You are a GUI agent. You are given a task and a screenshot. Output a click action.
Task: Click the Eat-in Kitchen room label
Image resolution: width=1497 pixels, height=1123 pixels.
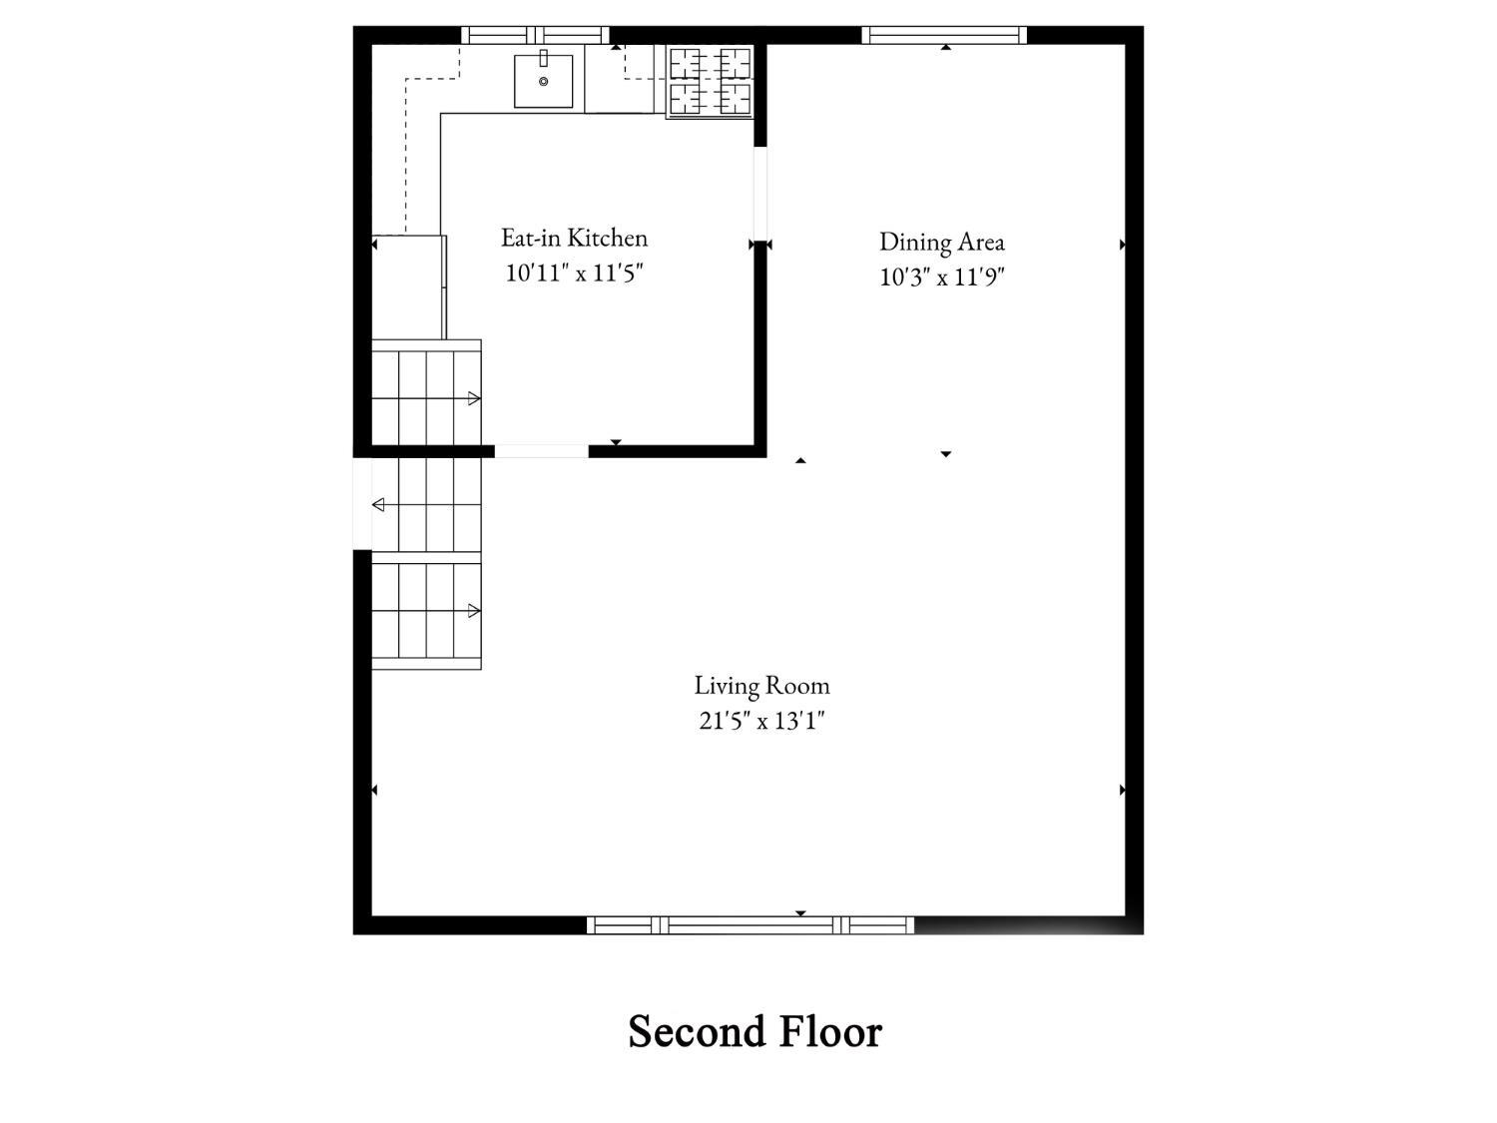tap(574, 238)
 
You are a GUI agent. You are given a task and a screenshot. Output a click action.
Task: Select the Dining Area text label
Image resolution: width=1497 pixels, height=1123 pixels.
tap(942, 242)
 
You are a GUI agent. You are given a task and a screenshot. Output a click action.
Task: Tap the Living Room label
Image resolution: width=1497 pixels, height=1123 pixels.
tap(761, 686)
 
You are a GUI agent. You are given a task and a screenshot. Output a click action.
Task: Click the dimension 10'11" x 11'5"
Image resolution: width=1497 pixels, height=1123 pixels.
tap(574, 273)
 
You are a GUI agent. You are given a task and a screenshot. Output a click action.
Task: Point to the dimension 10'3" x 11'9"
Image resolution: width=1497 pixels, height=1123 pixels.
tap(942, 277)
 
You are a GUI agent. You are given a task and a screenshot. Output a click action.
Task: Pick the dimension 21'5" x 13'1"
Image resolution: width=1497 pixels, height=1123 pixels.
tap(761, 721)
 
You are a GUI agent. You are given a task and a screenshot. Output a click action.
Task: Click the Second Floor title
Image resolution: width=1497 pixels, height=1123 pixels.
tap(754, 1031)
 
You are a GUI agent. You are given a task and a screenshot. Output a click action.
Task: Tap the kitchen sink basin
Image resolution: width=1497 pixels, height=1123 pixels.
tap(544, 81)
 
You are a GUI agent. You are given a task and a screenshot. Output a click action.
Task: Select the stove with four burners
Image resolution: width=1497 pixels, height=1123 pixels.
tap(710, 82)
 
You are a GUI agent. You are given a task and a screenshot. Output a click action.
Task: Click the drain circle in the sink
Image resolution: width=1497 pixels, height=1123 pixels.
tap(544, 81)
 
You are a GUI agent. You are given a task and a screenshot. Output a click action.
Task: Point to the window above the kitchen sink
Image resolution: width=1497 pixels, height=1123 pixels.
tap(535, 35)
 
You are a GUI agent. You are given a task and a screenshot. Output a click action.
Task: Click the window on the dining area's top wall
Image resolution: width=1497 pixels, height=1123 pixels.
tap(944, 35)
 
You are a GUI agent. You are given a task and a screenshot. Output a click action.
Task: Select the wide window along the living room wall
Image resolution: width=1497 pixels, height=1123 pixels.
tap(750, 925)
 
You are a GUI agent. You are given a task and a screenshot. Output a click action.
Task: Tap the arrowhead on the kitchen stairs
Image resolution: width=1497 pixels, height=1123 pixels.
tap(474, 398)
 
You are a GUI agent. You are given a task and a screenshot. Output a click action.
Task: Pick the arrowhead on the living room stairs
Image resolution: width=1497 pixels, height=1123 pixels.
tap(474, 611)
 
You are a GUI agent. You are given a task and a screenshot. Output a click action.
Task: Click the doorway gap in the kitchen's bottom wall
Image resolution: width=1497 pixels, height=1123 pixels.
tap(542, 451)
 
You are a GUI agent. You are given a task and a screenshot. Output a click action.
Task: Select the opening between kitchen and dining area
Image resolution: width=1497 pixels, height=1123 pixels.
tap(760, 194)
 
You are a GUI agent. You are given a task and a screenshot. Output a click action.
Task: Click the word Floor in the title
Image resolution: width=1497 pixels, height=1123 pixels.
tap(830, 1031)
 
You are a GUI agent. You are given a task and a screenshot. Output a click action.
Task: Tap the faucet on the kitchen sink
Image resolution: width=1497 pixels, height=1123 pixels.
tap(544, 58)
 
